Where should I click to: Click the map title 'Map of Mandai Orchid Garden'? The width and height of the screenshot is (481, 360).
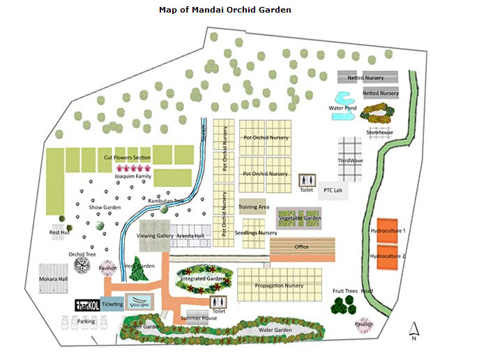tap(225, 10)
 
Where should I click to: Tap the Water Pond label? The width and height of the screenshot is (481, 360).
tap(343, 108)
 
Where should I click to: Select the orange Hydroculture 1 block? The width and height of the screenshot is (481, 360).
tap(388, 230)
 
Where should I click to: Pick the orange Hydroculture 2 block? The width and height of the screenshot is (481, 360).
tap(388, 256)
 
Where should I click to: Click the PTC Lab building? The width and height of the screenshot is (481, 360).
tap(333, 190)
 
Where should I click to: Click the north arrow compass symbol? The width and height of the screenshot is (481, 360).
tap(413, 330)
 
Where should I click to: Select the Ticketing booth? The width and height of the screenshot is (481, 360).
tap(112, 304)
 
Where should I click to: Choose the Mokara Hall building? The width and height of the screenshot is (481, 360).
tap(53, 279)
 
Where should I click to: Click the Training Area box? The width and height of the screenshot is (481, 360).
tap(254, 207)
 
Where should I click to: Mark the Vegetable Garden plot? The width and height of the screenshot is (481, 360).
tap(299, 218)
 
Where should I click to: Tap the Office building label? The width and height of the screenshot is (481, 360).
tap(301, 247)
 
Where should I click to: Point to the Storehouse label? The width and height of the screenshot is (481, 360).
tap(379, 133)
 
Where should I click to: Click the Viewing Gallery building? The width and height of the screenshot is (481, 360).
tap(155, 236)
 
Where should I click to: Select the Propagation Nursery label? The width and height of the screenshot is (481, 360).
tap(279, 285)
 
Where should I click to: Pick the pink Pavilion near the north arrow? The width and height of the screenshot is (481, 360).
tap(364, 324)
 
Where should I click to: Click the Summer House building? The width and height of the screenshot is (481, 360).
tap(199, 318)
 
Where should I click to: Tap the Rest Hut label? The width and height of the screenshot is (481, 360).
tap(59, 232)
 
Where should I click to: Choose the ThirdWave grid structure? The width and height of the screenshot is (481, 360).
tap(351, 159)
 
